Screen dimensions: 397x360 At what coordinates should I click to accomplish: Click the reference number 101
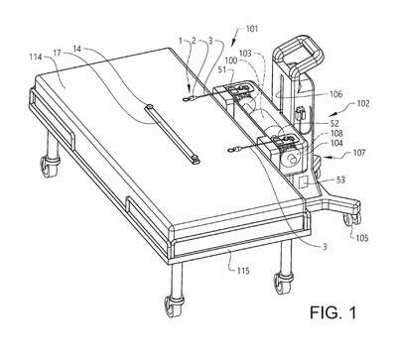(x=252, y=29)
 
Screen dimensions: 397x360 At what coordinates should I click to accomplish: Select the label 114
(x=36, y=58)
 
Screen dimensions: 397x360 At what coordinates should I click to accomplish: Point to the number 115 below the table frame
(x=243, y=271)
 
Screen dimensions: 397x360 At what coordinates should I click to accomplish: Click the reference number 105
(x=362, y=238)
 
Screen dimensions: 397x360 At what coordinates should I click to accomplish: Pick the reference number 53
(x=340, y=180)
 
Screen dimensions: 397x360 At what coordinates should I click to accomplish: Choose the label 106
(x=335, y=94)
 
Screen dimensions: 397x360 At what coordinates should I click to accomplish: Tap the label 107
(x=359, y=153)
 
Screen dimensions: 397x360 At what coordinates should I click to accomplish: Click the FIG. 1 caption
(x=333, y=312)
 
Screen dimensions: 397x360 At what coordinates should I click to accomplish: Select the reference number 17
(x=58, y=53)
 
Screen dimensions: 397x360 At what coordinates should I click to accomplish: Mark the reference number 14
(x=77, y=49)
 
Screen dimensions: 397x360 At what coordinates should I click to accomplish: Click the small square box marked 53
(x=304, y=181)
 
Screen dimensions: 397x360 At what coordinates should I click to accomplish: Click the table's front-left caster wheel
(x=173, y=306)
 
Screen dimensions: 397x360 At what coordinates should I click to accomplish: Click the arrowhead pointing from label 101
(x=233, y=43)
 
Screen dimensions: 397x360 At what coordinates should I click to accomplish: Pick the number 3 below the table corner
(x=325, y=247)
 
